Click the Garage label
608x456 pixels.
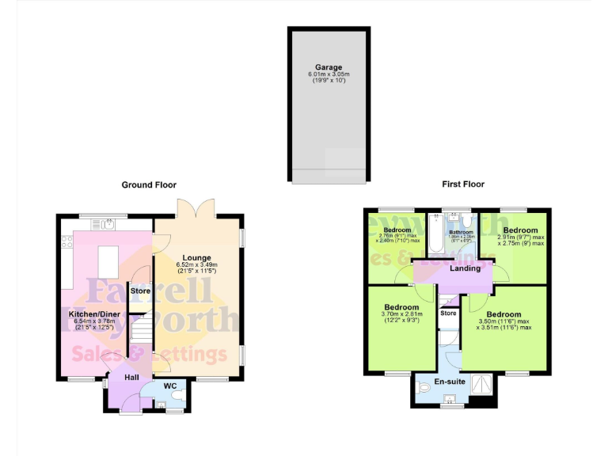(x=329, y=67)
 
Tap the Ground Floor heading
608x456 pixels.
(x=149, y=184)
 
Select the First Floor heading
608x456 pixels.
(x=463, y=184)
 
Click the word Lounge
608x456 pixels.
(x=196, y=257)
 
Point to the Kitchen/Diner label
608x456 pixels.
(x=89, y=313)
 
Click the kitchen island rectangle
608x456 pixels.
(x=107, y=260)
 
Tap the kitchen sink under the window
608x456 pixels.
(x=104, y=224)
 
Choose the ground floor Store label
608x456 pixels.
(x=140, y=291)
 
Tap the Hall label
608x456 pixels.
(x=131, y=378)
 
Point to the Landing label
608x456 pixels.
(x=465, y=268)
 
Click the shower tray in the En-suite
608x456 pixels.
(x=481, y=386)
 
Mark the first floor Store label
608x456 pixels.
(x=449, y=313)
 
